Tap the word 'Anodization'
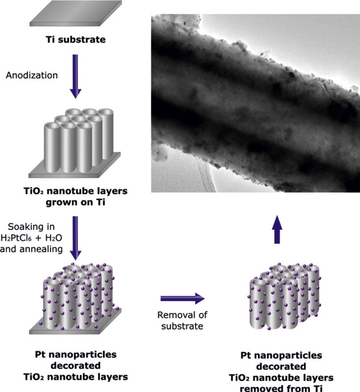click(x=31, y=76)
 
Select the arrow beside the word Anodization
click(x=75, y=76)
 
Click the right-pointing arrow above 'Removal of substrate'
click(x=183, y=298)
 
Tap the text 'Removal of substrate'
click(x=183, y=320)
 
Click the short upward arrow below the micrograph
click(x=277, y=230)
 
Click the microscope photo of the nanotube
click(x=256, y=103)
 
